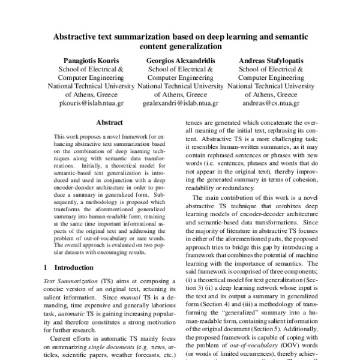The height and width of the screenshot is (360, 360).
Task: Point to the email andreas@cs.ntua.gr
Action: [x=271, y=103]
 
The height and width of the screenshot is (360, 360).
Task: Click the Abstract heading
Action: [x=109, y=121]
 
